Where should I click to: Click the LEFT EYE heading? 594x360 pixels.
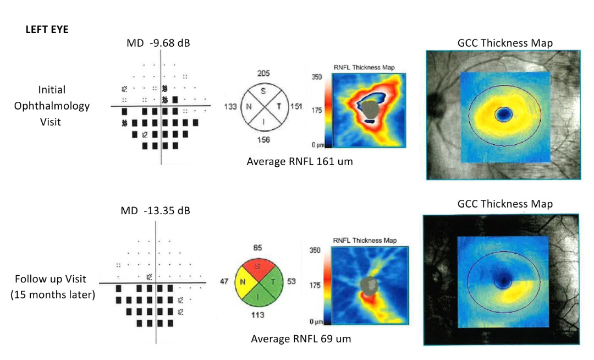pyautogui.click(x=47, y=30)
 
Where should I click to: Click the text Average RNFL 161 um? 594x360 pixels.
pyautogui.click(x=299, y=162)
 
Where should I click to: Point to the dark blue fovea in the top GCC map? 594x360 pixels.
pyautogui.click(x=503, y=114)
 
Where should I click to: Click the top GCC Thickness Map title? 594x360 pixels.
pyautogui.click(x=505, y=43)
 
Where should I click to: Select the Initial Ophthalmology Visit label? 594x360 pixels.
pyautogui.click(x=52, y=105)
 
